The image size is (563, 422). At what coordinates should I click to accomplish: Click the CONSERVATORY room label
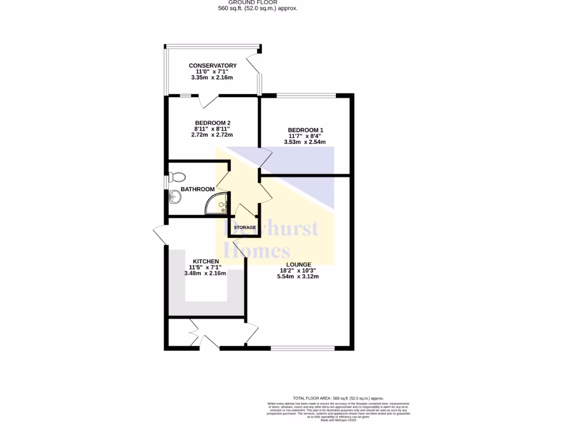tap(212, 66)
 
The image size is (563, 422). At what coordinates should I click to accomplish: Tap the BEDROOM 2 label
tap(212, 123)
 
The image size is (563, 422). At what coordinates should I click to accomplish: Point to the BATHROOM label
tap(197, 190)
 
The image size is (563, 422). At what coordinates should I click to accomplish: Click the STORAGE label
tap(245, 227)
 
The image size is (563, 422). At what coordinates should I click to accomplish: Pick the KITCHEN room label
tap(206, 262)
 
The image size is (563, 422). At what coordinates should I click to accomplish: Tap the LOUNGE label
tap(298, 264)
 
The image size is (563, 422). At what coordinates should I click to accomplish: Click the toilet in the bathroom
tap(177, 177)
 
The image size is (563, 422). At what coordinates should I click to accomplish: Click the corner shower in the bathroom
tap(218, 204)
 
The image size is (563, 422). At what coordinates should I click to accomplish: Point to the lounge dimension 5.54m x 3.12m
tap(298, 276)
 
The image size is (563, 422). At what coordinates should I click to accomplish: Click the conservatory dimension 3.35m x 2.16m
tap(212, 78)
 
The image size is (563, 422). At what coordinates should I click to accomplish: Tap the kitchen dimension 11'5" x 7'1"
tap(206, 268)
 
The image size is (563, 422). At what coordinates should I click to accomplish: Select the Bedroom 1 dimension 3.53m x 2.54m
tap(305, 142)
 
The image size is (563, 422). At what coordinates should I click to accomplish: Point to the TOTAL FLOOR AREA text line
tap(338, 398)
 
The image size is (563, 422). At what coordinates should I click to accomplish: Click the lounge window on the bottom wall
tap(302, 348)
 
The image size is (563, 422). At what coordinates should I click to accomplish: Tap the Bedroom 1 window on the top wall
tap(306, 96)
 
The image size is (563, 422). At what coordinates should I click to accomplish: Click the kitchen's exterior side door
tap(160, 235)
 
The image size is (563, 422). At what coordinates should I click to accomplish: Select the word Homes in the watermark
tap(258, 251)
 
